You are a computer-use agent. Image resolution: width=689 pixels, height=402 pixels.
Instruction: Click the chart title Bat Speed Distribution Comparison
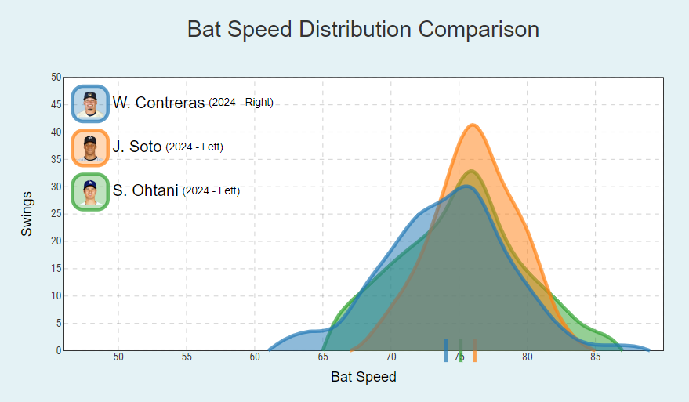[363, 30]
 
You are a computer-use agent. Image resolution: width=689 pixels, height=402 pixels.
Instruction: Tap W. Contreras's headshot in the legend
[90, 103]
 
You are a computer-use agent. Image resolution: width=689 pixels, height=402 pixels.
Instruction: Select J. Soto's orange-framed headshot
[90, 147]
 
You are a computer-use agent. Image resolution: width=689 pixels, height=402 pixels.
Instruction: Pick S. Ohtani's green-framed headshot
[90, 191]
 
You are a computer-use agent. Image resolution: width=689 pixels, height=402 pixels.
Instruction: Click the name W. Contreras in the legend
[158, 103]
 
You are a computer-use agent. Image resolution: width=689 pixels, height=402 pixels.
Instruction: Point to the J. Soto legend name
[137, 147]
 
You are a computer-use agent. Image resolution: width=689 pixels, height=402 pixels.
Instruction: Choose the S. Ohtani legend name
[146, 190]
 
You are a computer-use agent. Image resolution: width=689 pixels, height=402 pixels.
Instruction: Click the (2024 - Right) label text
[241, 103]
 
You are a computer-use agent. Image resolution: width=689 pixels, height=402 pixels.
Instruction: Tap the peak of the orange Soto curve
[473, 125]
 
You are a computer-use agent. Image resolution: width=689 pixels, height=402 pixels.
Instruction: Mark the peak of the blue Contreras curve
[466, 187]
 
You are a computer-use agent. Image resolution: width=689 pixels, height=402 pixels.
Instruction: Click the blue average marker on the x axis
[446, 350]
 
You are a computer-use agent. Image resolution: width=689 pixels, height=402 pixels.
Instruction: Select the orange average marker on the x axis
[475, 350]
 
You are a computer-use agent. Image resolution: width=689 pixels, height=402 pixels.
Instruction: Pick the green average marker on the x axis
[461, 350]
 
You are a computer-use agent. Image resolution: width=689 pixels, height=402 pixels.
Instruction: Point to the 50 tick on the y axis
[56, 78]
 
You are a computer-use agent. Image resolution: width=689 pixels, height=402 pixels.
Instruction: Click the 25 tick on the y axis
[56, 214]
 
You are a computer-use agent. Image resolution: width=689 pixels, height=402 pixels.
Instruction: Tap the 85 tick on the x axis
[596, 357]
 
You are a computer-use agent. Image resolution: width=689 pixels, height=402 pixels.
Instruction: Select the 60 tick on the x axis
[255, 357]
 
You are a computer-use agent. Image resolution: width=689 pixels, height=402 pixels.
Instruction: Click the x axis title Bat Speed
[364, 377]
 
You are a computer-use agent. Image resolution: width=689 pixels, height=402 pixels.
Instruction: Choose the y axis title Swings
[27, 213]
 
